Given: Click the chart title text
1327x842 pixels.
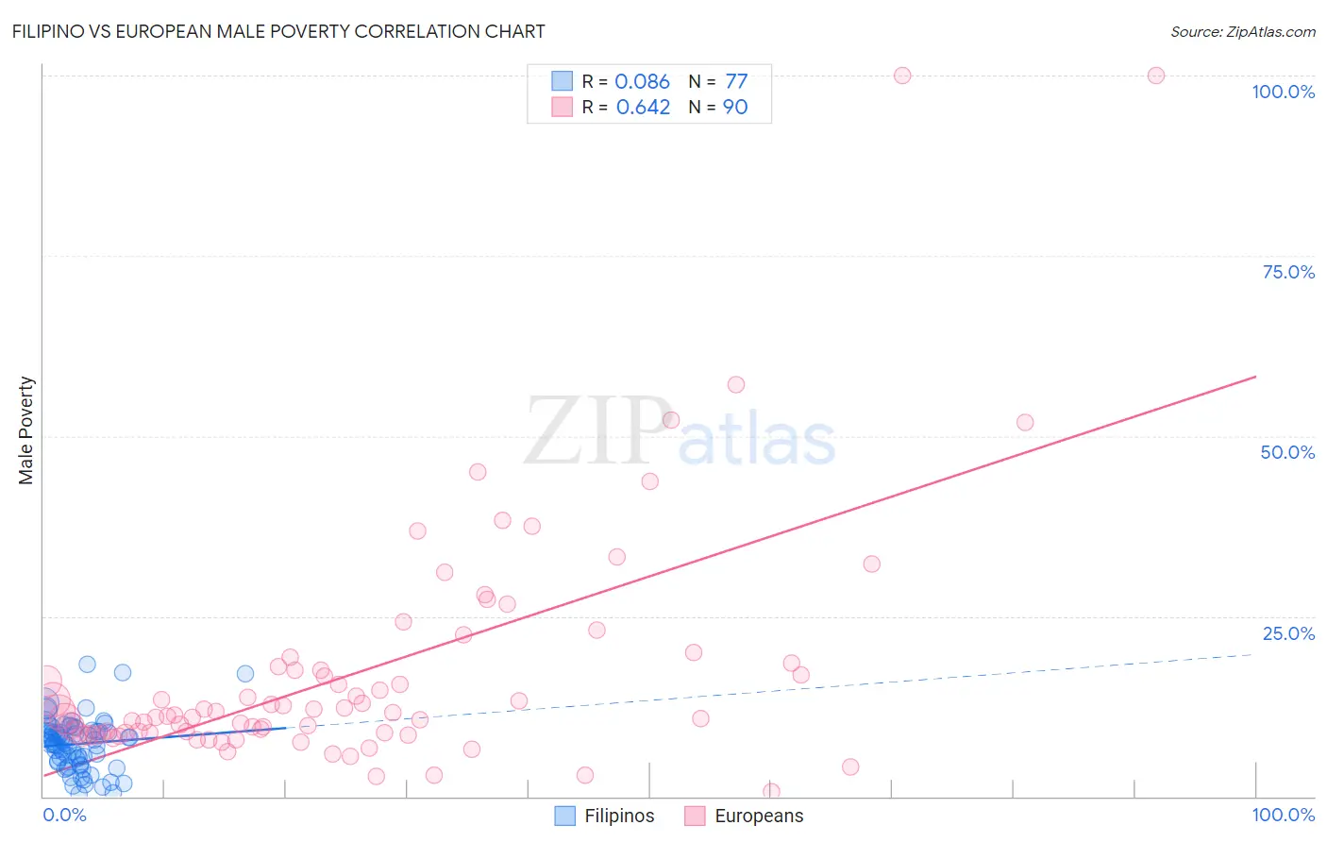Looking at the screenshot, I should click(x=278, y=31).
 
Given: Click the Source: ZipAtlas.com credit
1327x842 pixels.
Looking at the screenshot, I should click(x=1242, y=31).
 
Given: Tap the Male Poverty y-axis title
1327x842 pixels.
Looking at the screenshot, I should click(x=25, y=430).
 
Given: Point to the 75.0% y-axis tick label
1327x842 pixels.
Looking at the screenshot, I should click(x=1287, y=272).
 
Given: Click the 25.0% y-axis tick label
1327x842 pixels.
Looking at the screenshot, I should click(x=1287, y=633).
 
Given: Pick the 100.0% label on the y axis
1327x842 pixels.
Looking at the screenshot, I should click(x=1283, y=92).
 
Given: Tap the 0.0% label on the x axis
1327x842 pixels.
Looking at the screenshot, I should click(x=64, y=815).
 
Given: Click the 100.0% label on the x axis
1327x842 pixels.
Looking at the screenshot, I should click(x=1283, y=815).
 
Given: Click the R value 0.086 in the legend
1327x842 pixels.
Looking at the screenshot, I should click(x=642, y=82).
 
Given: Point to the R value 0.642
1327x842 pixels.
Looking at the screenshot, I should click(x=643, y=108).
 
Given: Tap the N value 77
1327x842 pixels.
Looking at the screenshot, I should click(x=736, y=82).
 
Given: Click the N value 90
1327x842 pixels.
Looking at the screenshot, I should click(x=735, y=108).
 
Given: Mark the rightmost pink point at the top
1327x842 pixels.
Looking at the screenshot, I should click(x=1156, y=76).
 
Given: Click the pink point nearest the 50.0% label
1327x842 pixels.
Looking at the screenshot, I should click(x=1025, y=423).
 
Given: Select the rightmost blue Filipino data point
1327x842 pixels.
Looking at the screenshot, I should click(x=245, y=674).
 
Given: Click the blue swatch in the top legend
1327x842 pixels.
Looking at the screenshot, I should click(x=562, y=81).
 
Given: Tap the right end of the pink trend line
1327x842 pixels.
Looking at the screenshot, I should click(x=1255, y=377).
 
